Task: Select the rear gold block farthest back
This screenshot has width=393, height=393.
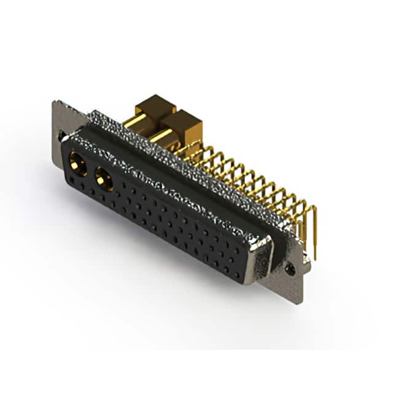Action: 156,106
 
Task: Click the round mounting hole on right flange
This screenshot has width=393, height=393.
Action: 291,269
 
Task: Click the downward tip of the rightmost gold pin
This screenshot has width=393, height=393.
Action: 315,257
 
